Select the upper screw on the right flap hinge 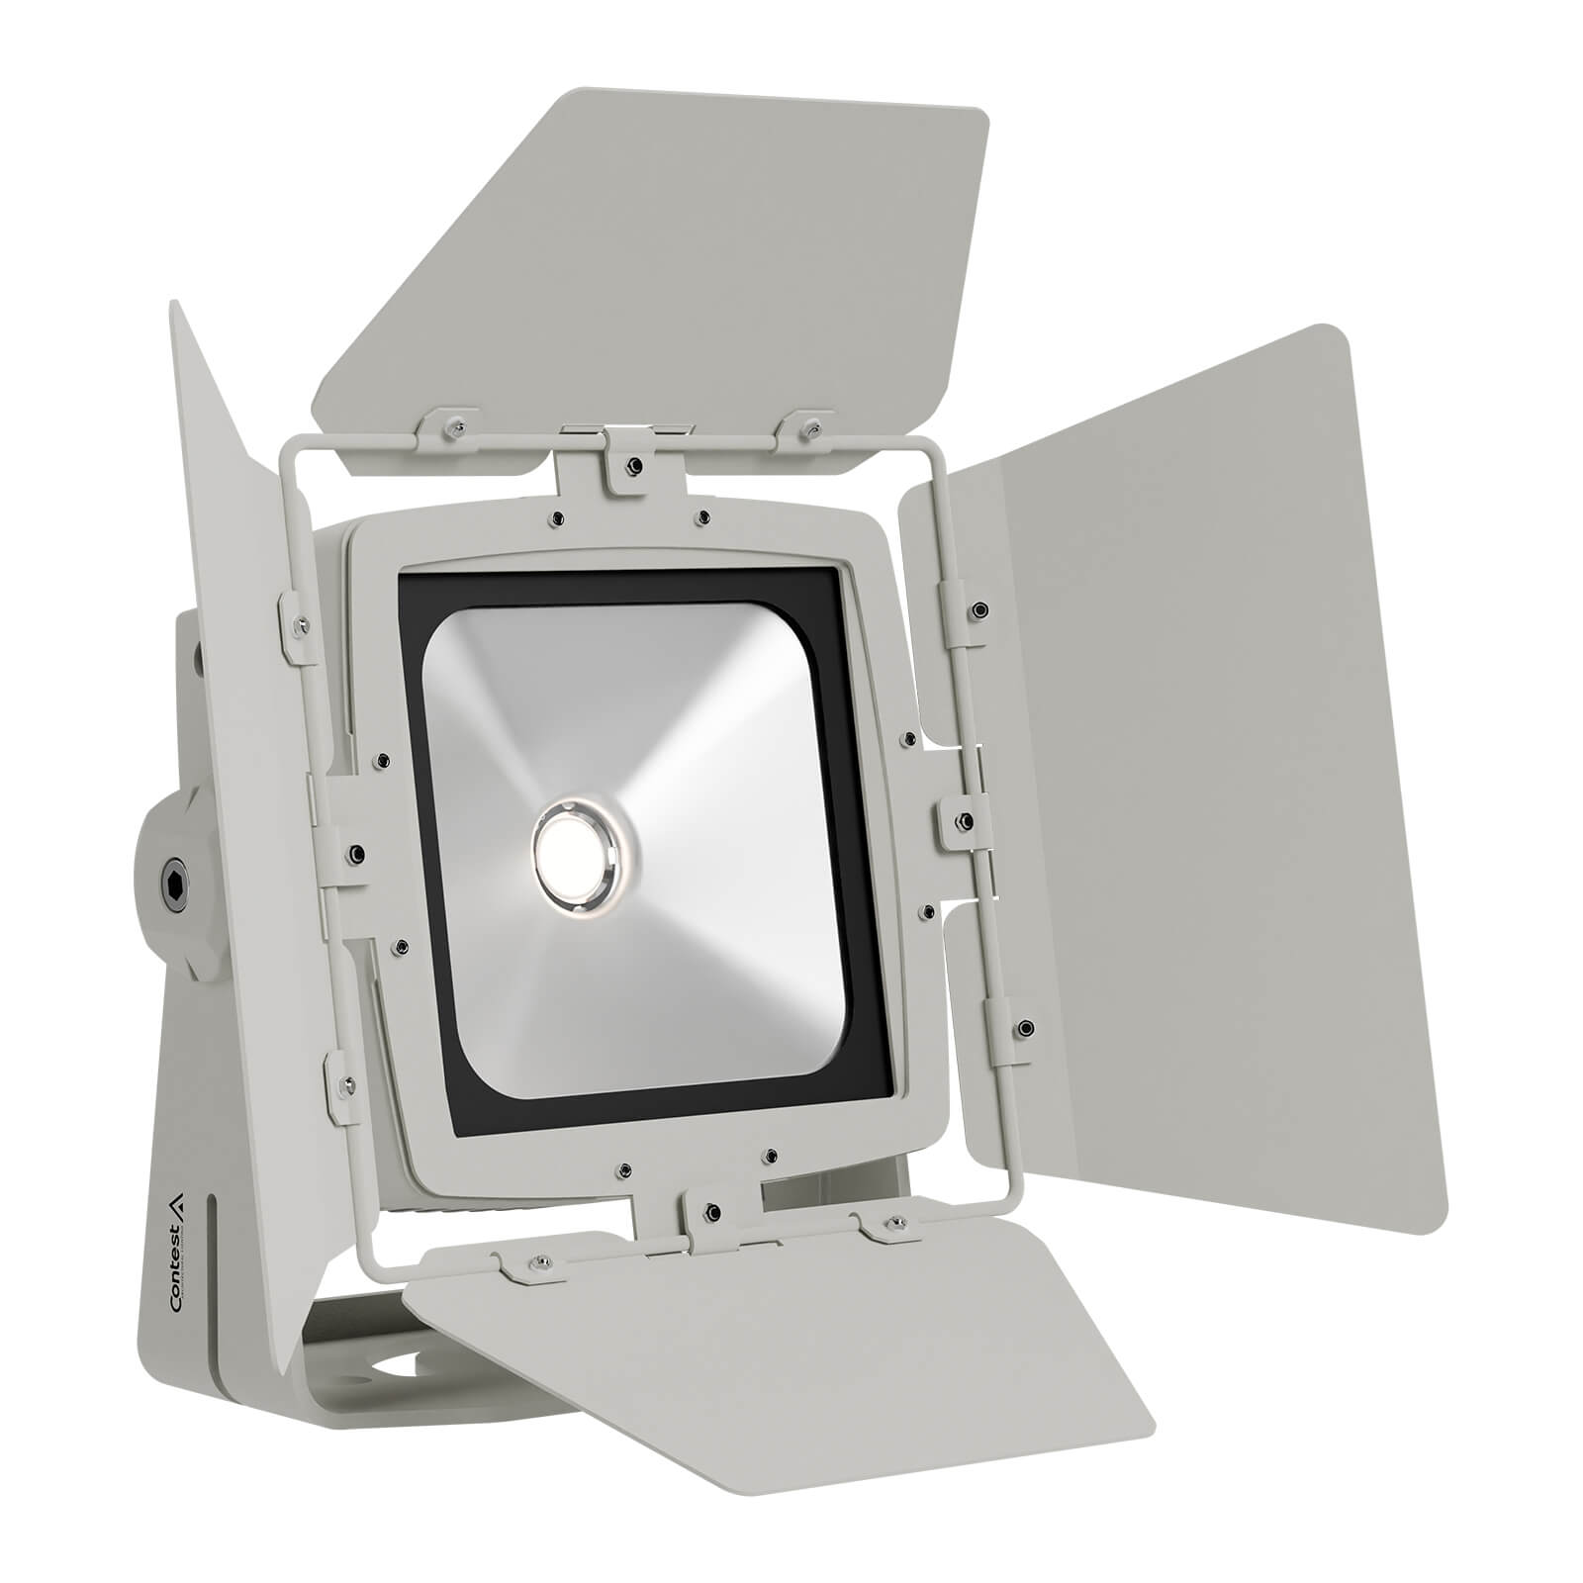pos(979,608)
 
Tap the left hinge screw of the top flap pos(456,425)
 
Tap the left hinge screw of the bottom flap pos(540,1260)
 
